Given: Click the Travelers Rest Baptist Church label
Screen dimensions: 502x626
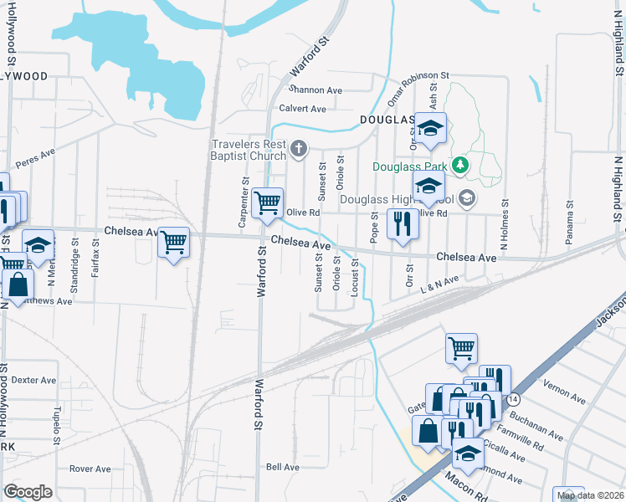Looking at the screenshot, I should [249, 150].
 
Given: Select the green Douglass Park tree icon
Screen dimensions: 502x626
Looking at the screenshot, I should [459, 166].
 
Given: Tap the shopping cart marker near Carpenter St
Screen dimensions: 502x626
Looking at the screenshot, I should [268, 203].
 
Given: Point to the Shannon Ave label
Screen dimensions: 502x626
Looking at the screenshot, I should [316, 90].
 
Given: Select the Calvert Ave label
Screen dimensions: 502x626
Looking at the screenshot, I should [302, 109].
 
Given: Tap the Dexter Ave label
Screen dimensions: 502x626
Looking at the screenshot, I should [33, 380].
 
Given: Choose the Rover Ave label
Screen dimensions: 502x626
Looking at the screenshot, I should [90, 469].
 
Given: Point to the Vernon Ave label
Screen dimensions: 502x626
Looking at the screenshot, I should [563, 392].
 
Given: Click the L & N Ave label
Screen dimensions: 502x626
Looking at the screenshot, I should [441, 284].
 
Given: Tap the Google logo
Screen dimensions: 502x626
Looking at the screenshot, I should [28, 492].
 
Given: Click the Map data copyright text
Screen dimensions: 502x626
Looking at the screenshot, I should [589, 495].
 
